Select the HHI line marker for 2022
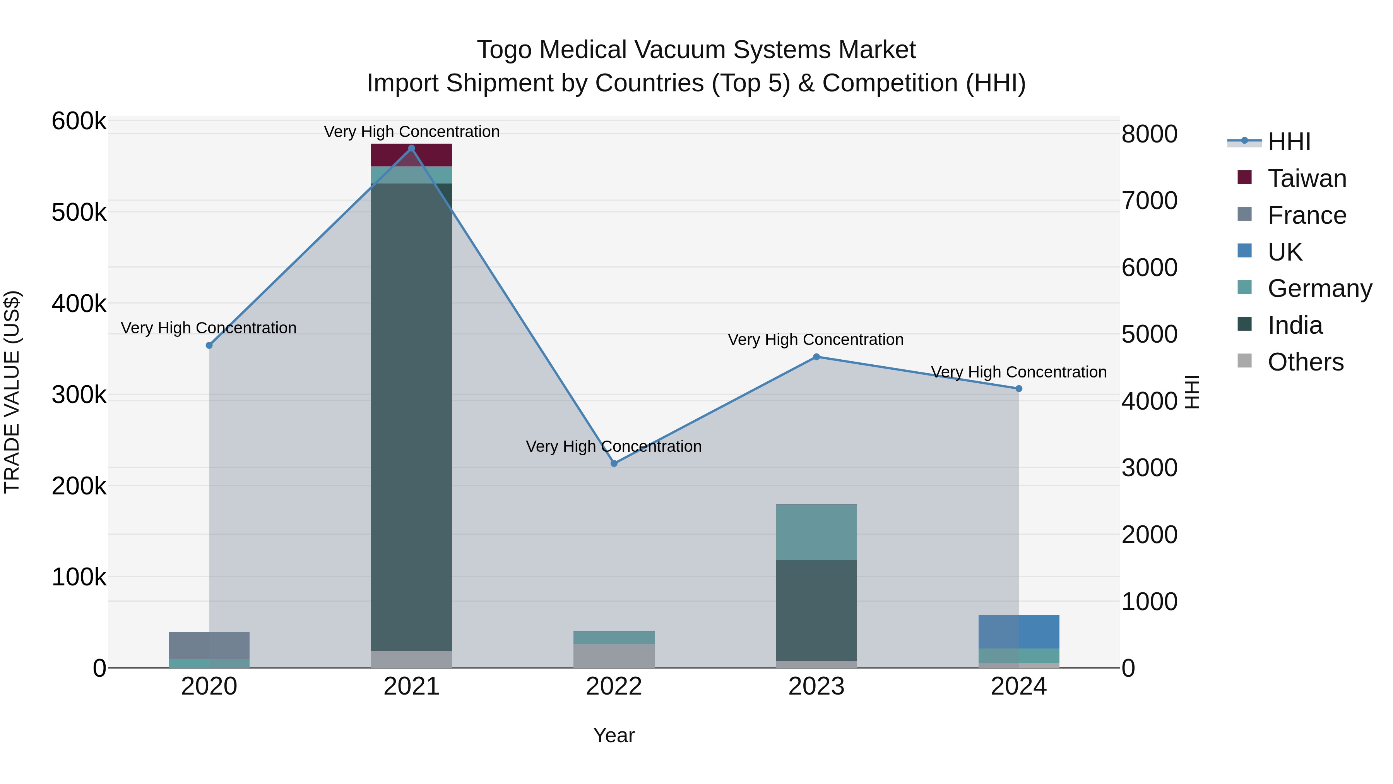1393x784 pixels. pyautogui.click(x=614, y=464)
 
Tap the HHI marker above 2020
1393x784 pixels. pyautogui.click(x=209, y=346)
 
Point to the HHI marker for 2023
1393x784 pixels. pyautogui.click(x=816, y=357)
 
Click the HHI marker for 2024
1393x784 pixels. pyautogui.click(x=1019, y=388)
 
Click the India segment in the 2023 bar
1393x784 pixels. pyautogui.click(x=816, y=610)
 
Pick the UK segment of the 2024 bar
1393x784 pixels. pyautogui.click(x=1019, y=632)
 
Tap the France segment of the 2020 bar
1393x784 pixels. pyautogui.click(x=209, y=645)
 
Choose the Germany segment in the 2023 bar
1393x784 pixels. pyautogui.click(x=816, y=532)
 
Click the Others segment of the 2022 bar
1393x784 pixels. pyautogui.click(x=614, y=656)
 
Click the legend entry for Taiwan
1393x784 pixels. pyautogui.click(x=1306, y=178)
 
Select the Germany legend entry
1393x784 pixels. pyautogui.click(x=1319, y=288)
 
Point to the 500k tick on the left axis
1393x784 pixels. pyautogui.click(x=79, y=213)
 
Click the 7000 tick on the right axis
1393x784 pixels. pyautogui.click(x=1149, y=201)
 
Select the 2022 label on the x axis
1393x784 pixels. pyautogui.click(x=614, y=686)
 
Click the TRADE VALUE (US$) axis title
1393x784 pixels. pyautogui.click(x=12, y=392)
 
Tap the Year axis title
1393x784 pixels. pyautogui.click(x=614, y=735)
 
